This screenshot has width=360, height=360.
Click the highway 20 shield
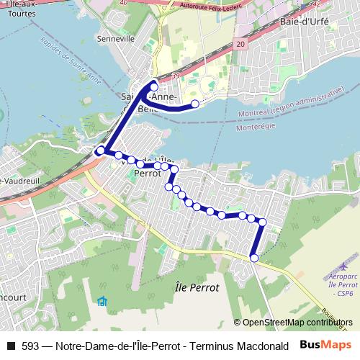[x=240, y=45]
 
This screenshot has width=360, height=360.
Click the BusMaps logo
[x=326, y=344]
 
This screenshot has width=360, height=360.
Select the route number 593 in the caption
[x=31, y=345]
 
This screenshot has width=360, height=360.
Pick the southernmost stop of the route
[x=253, y=258]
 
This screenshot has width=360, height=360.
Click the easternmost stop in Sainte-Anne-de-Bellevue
[x=194, y=104]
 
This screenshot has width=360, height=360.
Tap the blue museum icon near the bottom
[x=102, y=300]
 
